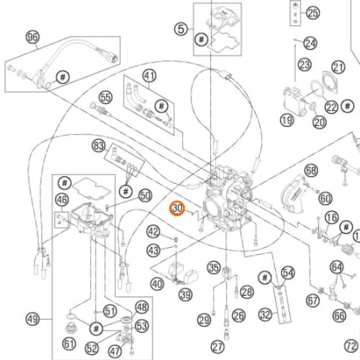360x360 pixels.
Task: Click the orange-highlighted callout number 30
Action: (x=177, y=208)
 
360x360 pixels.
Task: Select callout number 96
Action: (x=32, y=37)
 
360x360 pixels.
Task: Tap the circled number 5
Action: (x=181, y=29)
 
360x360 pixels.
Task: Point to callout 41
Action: (x=150, y=76)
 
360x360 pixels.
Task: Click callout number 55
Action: (x=106, y=97)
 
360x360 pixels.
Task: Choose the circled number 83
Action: (x=99, y=145)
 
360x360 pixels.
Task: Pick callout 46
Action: (x=62, y=199)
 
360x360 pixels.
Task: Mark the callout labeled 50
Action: (x=145, y=196)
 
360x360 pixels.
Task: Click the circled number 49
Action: (x=32, y=320)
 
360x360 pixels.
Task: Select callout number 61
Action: (x=69, y=344)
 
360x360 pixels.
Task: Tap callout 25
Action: (x=312, y=13)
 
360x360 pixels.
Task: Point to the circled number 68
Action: (x=311, y=171)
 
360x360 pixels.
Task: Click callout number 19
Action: (x=287, y=120)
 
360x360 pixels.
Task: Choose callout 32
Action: (x=266, y=315)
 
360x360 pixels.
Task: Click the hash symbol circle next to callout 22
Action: (x=348, y=106)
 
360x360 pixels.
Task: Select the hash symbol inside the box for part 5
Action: (x=201, y=39)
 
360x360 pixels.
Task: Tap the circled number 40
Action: (x=157, y=284)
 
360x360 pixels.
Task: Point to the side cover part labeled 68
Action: (x=292, y=194)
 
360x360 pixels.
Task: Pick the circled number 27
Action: (x=217, y=347)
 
